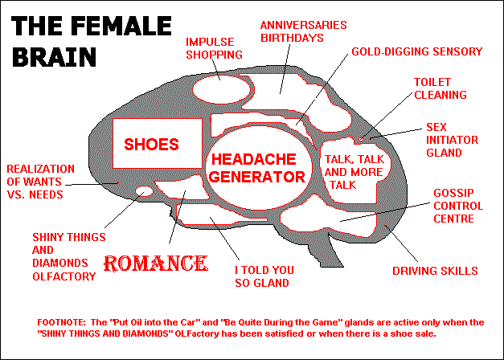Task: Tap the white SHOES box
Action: coord(150,144)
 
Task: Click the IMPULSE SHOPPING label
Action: coord(214,47)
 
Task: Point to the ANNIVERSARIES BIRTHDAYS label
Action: coord(303,31)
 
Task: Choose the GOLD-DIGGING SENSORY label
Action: coord(416,51)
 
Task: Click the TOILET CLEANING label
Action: coord(440,88)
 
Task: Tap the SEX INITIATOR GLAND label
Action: coord(452,140)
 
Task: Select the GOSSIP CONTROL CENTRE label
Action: coord(457,206)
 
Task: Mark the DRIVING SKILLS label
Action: coord(435,270)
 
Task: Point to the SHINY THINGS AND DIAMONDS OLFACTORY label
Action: coord(64,256)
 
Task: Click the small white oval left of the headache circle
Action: coord(145,191)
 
